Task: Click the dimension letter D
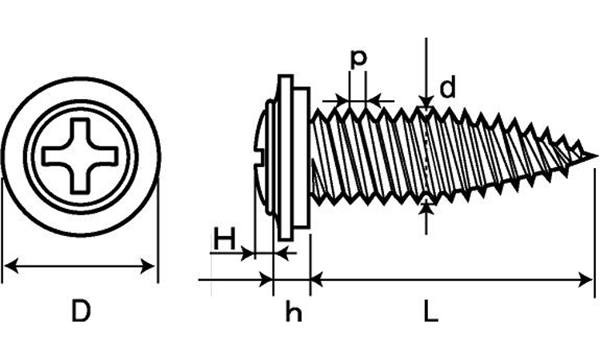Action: pyautogui.click(x=80, y=311)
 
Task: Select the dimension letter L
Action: pyautogui.click(x=430, y=311)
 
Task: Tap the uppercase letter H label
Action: pyautogui.click(x=225, y=238)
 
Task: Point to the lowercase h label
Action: pyautogui.click(x=294, y=313)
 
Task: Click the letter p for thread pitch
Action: pyautogui.click(x=358, y=58)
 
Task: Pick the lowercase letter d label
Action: pyautogui.click(x=447, y=89)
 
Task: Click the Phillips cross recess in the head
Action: pyautogui.click(x=80, y=155)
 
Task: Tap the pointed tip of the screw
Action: pyautogui.click(x=594, y=155)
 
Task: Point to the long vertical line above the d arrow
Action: pyautogui.click(x=426, y=64)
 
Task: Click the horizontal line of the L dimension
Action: pyautogui.click(x=448, y=280)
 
